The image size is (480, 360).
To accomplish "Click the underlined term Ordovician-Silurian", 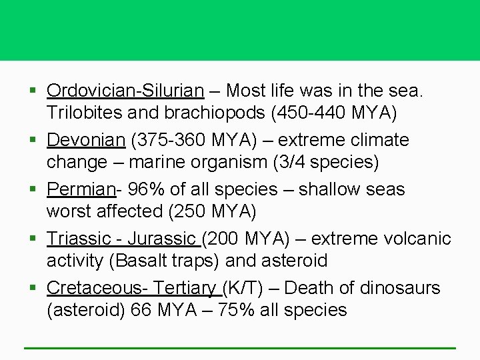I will [x=125, y=91].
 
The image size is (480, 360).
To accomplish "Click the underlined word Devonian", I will [x=86, y=141].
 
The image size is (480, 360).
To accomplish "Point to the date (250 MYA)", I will [x=213, y=212].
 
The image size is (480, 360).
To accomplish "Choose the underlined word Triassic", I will [x=79, y=239].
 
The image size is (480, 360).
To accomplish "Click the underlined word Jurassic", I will [x=163, y=239].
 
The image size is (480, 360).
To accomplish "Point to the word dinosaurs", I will [x=400, y=289].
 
